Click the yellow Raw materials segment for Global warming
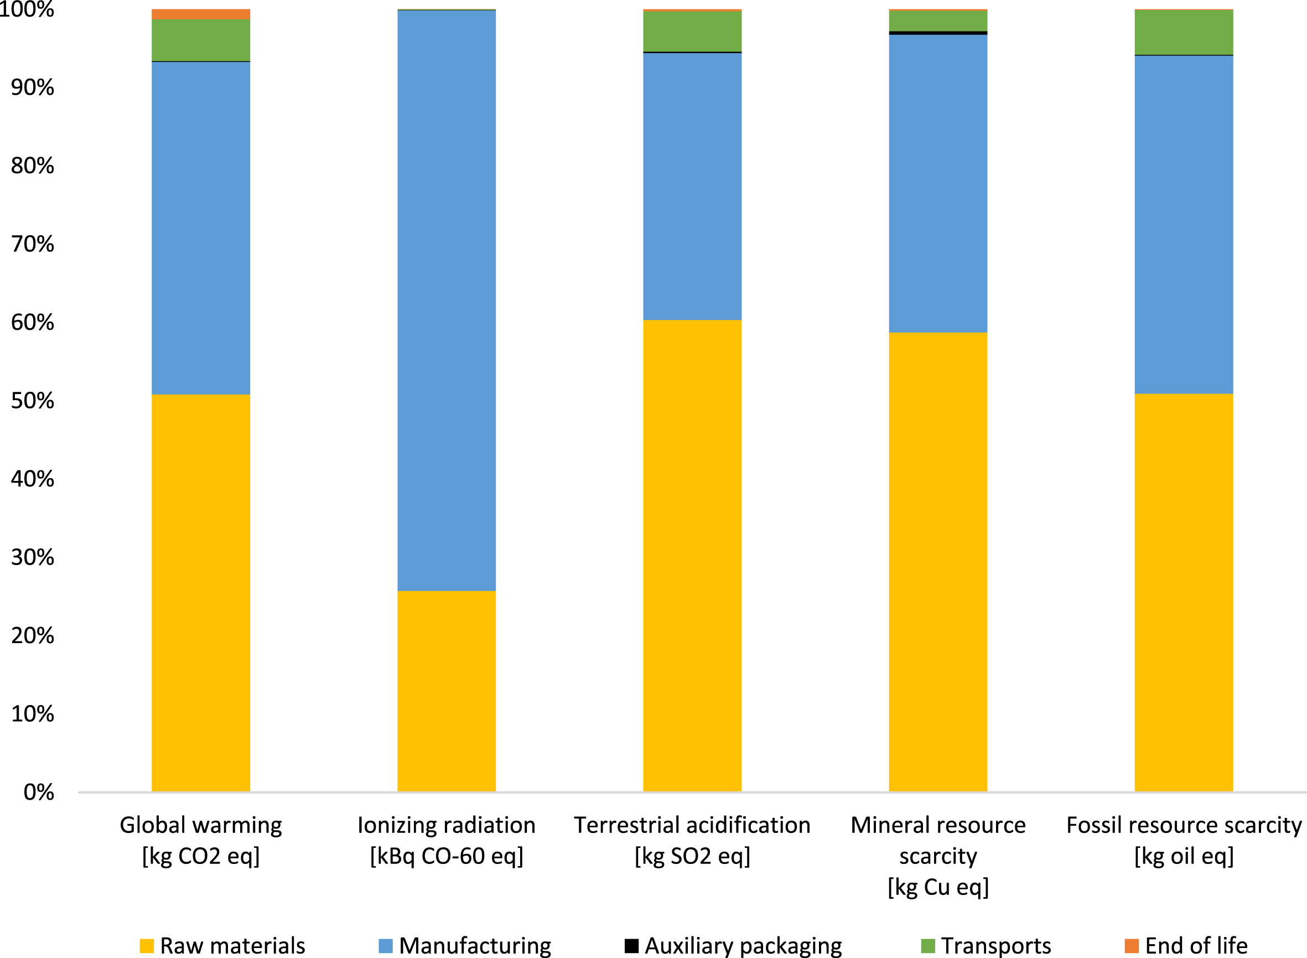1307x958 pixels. click(x=201, y=593)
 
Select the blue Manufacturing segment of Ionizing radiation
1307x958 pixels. click(x=447, y=301)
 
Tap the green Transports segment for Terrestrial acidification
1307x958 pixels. click(x=692, y=32)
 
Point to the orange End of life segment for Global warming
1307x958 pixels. click(x=201, y=14)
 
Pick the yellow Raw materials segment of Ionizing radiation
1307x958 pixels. click(x=447, y=691)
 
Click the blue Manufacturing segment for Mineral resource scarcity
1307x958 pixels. click(x=938, y=183)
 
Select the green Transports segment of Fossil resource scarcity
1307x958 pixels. click(x=1184, y=33)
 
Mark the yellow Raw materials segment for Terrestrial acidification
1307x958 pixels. click(x=692, y=556)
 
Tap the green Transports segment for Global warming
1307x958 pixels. click(x=201, y=40)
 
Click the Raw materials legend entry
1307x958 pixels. click(x=222, y=945)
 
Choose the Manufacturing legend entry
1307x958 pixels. click(x=464, y=945)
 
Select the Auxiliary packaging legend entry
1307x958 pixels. click(x=733, y=945)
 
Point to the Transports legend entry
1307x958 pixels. click(x=986, y=945)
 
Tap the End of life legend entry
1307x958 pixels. click(x=1186, y=945)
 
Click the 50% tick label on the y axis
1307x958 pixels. click(x=33, y=401)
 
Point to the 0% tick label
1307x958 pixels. click(x=39, y=792)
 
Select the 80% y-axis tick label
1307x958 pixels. click(x=33, y=166)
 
